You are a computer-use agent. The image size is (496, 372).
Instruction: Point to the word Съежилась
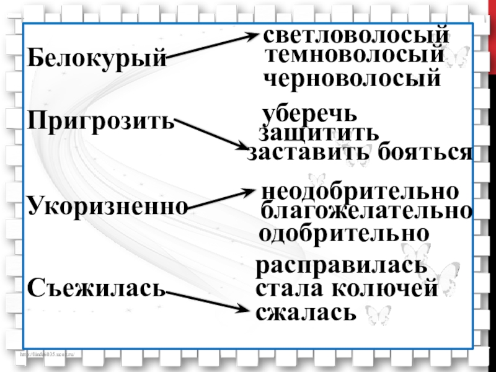[x=97, y=287]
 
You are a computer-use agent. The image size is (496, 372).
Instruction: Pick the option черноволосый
[x=352, y=79]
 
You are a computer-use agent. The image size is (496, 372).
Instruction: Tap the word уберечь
[x=309, y=115]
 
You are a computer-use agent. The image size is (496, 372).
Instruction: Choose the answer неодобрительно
[x=360, y=191]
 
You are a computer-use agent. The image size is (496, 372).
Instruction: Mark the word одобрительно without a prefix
[x=344, y=234]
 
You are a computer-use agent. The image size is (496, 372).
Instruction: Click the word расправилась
[x=342, y=267]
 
